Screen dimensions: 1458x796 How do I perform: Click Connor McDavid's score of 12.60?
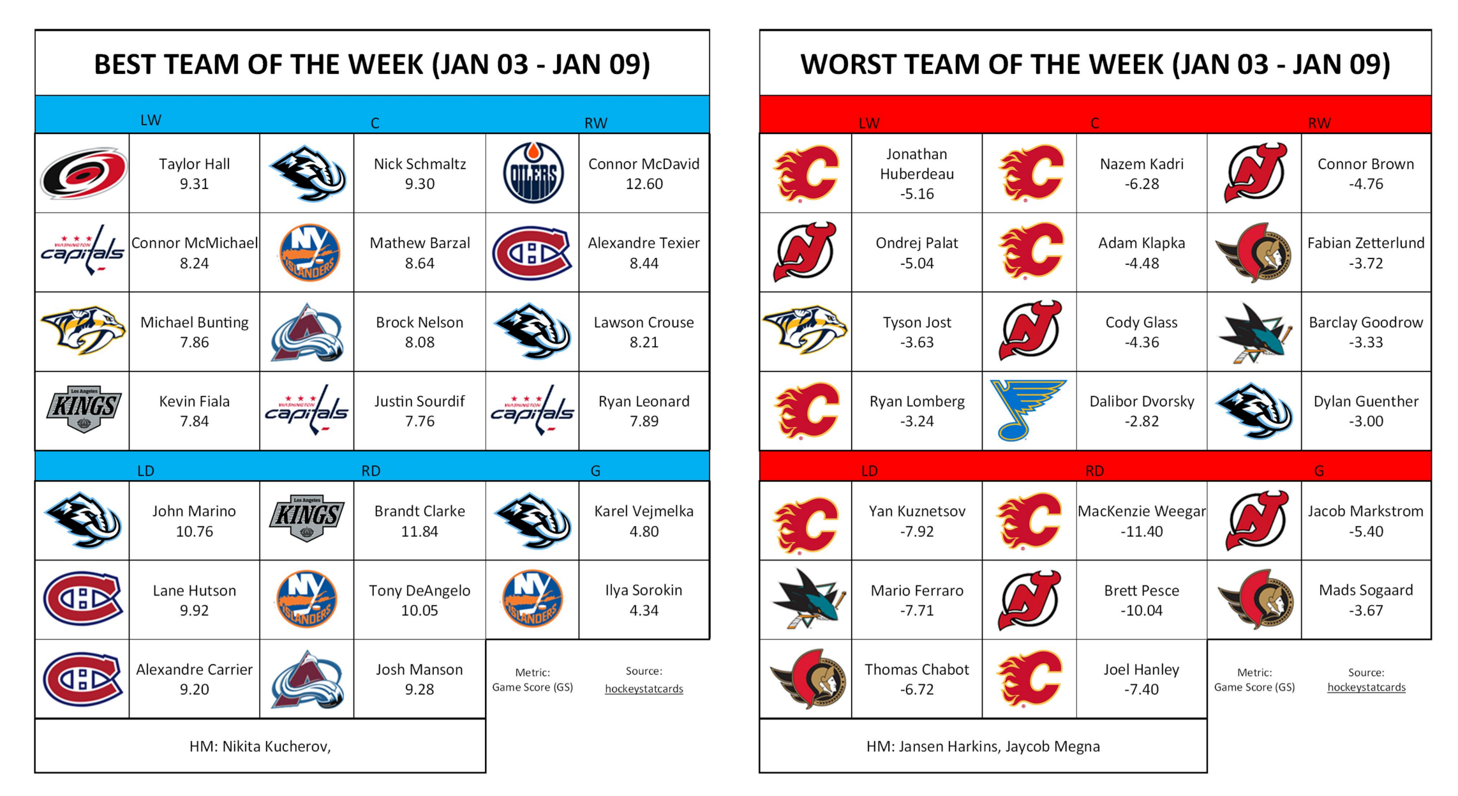point(644,184)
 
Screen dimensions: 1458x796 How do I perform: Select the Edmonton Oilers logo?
point(533,173)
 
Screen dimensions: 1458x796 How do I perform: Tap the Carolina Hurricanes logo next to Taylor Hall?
point(83,173)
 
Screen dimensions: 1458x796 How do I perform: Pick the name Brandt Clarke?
point(419,511)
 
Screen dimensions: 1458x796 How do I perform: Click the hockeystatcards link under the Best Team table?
point(644,689)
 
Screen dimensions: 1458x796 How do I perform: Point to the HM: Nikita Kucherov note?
point(260,746)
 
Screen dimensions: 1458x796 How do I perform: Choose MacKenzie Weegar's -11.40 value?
point(1142,531)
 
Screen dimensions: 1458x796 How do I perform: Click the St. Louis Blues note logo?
point(1028,410)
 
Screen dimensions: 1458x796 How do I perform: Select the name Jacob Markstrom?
point(1365,511)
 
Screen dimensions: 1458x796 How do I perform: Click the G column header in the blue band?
point(595,470)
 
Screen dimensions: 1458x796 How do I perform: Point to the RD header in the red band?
point(1094,470)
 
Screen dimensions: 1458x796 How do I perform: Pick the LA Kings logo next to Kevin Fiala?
point(83,410)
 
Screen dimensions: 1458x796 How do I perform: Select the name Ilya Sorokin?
point(644,590)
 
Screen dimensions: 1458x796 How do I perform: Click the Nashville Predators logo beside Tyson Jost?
point(805,330)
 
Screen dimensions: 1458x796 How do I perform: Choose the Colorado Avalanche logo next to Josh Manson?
point(307,680)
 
